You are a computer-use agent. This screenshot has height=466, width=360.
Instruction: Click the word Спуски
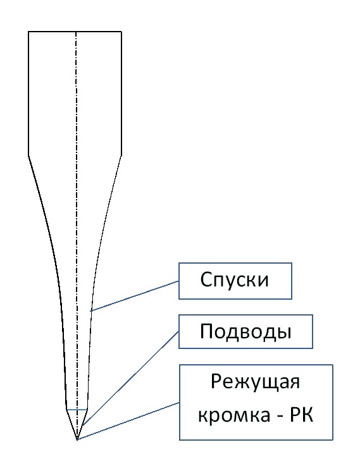[234, 280]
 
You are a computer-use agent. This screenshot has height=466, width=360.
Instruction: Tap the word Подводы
[245, 331]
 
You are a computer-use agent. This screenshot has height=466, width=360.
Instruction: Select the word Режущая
[256, 383]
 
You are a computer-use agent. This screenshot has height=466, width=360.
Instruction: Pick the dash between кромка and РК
[280, 416]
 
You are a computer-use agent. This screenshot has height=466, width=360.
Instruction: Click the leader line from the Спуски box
[135, 296]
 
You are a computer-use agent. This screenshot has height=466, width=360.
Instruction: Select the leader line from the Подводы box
[130, 379]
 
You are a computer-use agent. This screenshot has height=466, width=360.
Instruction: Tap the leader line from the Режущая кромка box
[128, 421]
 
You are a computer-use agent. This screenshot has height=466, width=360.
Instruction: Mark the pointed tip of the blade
[77, 439]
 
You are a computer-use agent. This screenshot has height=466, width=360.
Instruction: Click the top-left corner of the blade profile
[28, 32]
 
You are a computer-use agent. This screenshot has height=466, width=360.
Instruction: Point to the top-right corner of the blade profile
[121, 32]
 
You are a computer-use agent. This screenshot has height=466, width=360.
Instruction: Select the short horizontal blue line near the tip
[77, 410]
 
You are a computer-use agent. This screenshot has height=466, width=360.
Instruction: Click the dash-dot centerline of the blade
[77, 235]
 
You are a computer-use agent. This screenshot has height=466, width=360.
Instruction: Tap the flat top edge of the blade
[75, 32]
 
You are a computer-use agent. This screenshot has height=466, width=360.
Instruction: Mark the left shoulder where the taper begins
[28, 156]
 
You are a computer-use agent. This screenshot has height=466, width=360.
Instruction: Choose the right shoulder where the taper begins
[121, 156]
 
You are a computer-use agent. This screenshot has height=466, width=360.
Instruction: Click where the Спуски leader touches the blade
[90, 312]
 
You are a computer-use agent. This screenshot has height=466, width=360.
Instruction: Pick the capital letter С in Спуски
[206, 279]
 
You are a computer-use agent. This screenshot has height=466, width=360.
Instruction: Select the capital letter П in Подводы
[207, 331]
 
